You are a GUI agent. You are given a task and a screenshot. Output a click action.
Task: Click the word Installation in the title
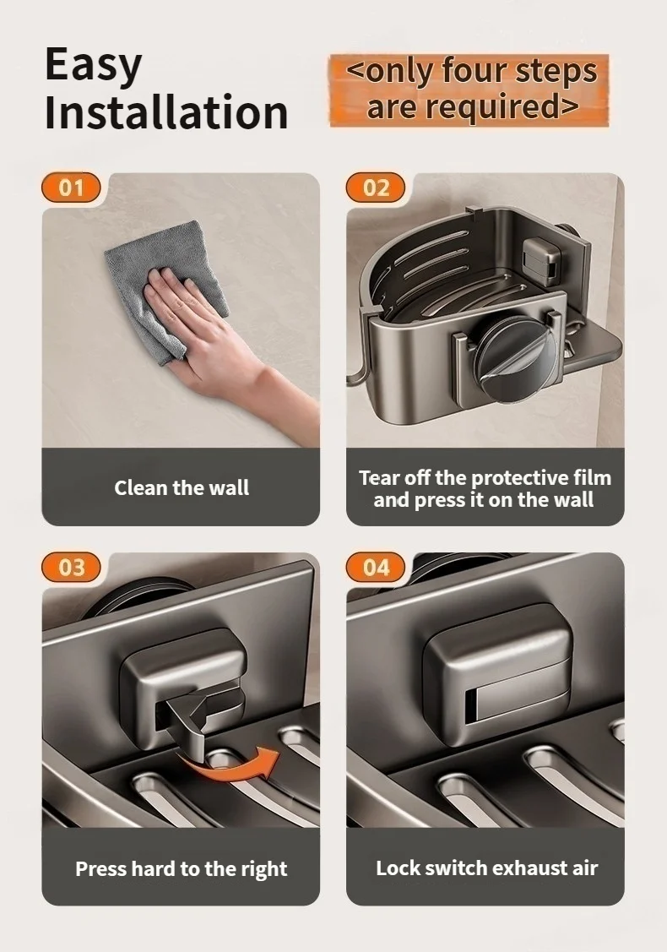pyautogui.click(x=166, y=112)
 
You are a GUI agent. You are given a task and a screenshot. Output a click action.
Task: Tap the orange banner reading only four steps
pyautogui.click(x=469, y=90)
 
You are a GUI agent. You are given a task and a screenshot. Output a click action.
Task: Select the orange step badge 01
pyautogui.click(x=71, y=187)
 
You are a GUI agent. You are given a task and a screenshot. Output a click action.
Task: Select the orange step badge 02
pyautogui.click(x=376, y=187)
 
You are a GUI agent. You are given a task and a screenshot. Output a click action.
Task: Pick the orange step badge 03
pyautogui.click(x=71, y=567)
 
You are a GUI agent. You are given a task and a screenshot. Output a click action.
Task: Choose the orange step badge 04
pyautogui.click(x=376, y=567)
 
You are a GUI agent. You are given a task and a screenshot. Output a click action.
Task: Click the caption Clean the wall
pyautogui.click(x=182, y=487)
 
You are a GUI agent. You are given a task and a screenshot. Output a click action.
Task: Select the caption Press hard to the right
pyautogui.click(x=182, y=868)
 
